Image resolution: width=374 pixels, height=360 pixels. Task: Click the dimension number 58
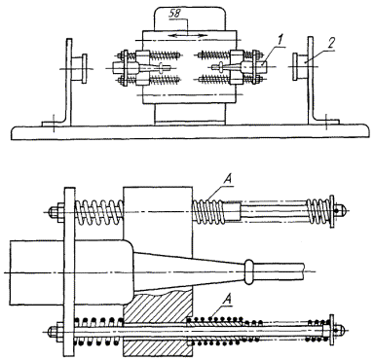coord(175,14)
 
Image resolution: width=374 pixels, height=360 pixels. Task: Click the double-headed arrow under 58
coord(189,35)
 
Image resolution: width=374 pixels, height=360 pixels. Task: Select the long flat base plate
coord(190,132)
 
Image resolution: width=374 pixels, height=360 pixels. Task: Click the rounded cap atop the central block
coord(190,18)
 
